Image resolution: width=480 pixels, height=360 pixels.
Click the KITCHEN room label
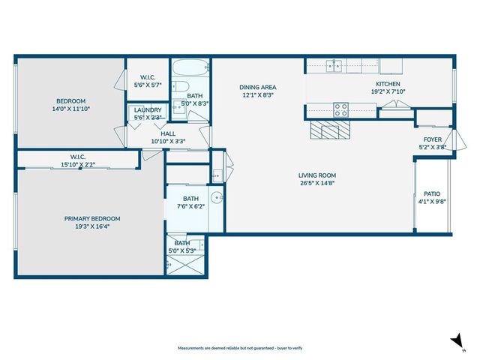pyautogui.click(x=388, y=84)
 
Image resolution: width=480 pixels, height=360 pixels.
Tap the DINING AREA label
pyautogui.click(x=257, y=86)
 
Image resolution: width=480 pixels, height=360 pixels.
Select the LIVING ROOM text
pyautogui.click(x=317, y=175)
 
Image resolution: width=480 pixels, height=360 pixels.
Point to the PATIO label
pyautogui.click(x=431, y=193)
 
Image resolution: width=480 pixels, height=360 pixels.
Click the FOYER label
pyautogui.click(x=433, y=139)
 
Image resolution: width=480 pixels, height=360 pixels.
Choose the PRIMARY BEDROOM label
pyautogui.click(x=92, y=218)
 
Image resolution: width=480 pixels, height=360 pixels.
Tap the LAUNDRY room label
pyautogui.click(x=148, y=110)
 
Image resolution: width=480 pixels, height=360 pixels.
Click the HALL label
pyautogui.click(x=168, y=133)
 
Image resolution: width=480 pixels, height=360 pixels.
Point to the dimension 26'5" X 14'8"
pyautogui.click(x=317, y=183)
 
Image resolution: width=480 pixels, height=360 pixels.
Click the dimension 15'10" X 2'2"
pyautogui.click(x=78, y=163)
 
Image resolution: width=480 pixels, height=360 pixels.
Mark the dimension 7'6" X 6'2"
pyautogui.click(x=190, y=206)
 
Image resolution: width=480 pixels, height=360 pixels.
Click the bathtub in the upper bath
pyautogui.click(x=190, y=70)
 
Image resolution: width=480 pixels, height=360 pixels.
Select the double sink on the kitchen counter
pyautogui.click(x=334, y=65)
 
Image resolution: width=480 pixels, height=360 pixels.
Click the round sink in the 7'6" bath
pyautogui.click(x=217, y=198)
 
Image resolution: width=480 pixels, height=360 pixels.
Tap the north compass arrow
pyautogui.click(x=454, y=340)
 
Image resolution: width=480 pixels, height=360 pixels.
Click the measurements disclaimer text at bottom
pyautogui.click(x=240, y=349)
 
